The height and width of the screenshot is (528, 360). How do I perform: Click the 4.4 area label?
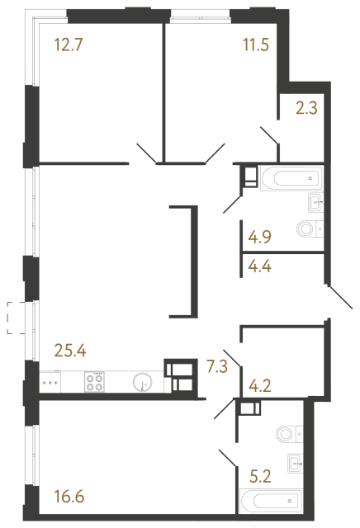coord(259,266)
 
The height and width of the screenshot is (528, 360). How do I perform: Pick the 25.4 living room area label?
coord(71,350)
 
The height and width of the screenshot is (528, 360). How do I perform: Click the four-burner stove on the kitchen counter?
coord(95,382)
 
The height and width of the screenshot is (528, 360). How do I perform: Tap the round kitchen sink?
coord(143,382)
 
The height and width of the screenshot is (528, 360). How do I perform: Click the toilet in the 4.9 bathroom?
coord(307,229)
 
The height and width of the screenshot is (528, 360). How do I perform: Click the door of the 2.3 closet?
coord(270,137)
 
